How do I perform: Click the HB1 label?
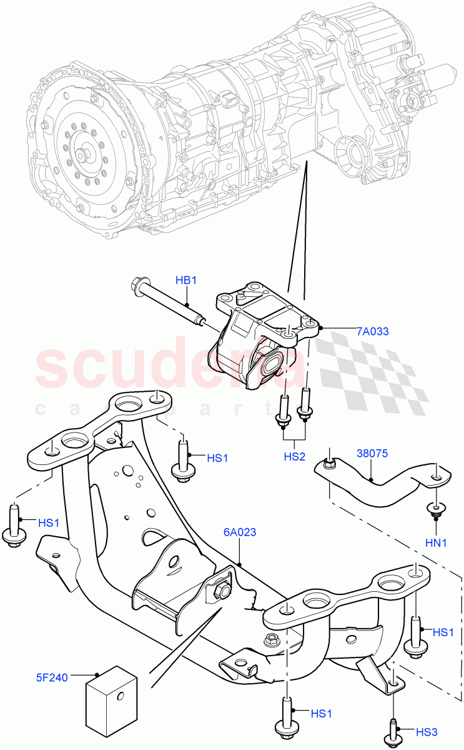point(185,281)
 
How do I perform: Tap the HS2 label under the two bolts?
point(294,456)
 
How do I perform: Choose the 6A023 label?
point(240,532)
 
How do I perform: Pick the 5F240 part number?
point(54,676)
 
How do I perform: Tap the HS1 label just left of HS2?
point(217,459)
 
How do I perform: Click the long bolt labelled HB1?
point(169,304)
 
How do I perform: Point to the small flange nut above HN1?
point(435,509)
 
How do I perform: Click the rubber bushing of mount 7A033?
point(270,364)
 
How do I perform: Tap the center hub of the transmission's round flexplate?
point(81,154)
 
